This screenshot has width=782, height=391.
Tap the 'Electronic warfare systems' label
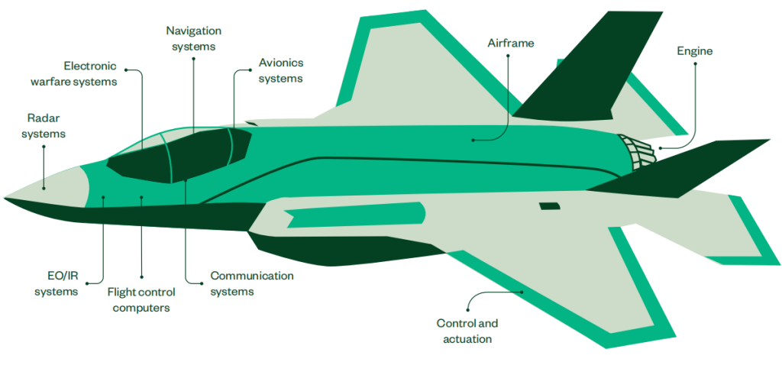click(x=74, y=73)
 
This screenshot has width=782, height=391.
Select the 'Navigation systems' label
click(x=193, y=38)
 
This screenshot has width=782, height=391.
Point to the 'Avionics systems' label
click(x=281, y=70)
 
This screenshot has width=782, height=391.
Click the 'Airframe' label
click(x=511, y=43)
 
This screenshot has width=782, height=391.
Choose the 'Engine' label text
click(x=695, y=51)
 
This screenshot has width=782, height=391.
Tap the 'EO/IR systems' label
click(x=56, y=284)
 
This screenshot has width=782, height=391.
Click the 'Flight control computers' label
click(x=141, y=299)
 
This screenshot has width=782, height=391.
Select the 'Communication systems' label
click(x=252, y=283)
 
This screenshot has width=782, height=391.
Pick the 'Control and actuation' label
click(x=467, y=331)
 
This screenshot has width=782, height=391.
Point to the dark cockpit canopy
click(x=179, y=154)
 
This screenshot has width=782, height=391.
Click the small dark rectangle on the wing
click(x=549, y=206)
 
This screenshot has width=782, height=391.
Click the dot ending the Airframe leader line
click(x=473, y=141)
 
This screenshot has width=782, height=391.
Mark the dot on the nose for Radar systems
click(x=44, y=188)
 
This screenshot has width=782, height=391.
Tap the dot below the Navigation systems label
click(x=193, y=58)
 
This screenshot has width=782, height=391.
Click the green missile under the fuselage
click(x=355, y=215)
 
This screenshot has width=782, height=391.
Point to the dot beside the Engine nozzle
click(x=660, y=147)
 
